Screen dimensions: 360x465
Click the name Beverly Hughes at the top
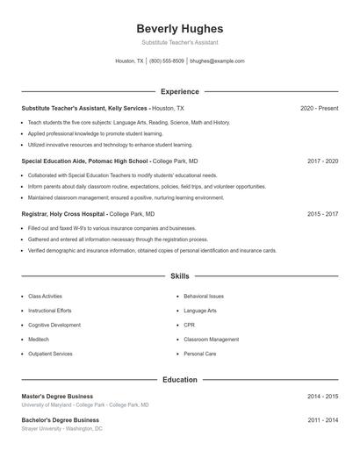(179, 28)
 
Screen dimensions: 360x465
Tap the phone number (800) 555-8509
(167, 61)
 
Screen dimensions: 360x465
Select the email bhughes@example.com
(217, 61)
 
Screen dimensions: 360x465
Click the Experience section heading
(179, 91)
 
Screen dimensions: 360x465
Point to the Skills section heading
(179, 275)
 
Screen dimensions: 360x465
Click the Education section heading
(179, 380)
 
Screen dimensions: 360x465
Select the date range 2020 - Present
(319, 108)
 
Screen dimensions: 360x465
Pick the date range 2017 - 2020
(322, 161)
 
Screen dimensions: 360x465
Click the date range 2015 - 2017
(322, 213)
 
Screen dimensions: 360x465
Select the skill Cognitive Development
(54, 325)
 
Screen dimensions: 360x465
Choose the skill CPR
(189, 325)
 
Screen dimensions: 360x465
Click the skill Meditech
(39, 339)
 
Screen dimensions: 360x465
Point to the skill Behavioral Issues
(204, 297)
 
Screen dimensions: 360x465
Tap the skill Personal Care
(199, 354)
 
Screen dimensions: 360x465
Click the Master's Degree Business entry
(57, 397)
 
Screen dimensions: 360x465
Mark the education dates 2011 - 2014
(322, 420)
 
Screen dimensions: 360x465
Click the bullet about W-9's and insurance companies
(104, 228)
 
